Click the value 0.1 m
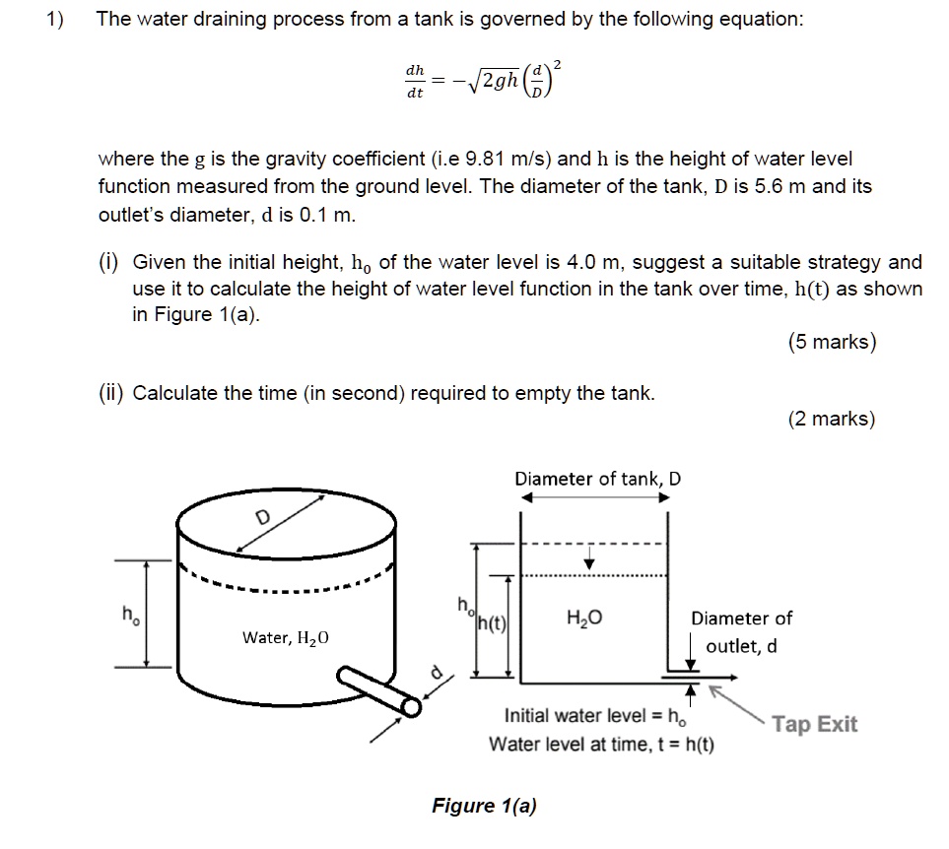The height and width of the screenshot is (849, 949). coord(325,213)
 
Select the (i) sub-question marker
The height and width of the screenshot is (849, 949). coord(108,263)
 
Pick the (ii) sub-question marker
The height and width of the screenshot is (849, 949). coord(111,393)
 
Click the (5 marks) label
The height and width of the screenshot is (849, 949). coord(831,342)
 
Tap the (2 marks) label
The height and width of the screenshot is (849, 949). coord(831,419)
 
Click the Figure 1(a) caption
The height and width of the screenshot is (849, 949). coord(484,806)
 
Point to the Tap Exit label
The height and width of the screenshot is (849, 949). coord(814,725)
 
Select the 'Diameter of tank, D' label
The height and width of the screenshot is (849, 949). coord(597,480)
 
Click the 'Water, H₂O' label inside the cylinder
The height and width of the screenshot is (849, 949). coord(286,638)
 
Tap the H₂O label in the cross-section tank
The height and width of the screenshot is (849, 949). coord(583,619)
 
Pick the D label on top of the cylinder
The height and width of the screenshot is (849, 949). coord(262,519)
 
